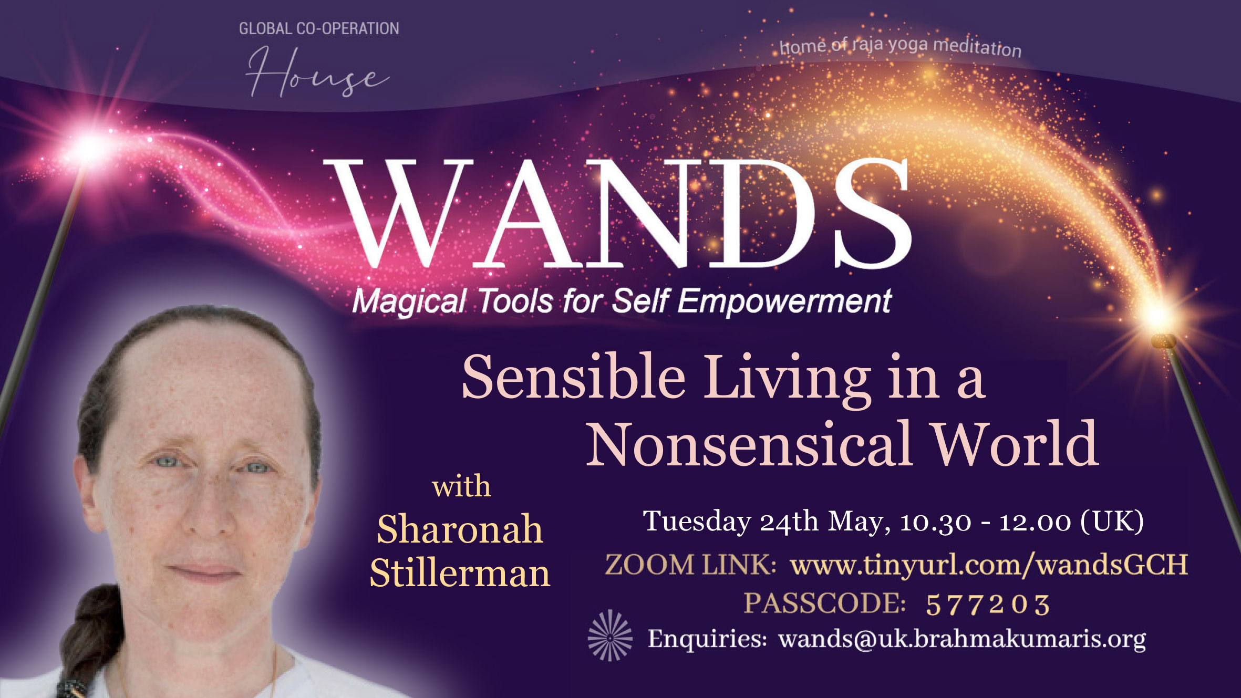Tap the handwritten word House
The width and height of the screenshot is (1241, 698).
(317, 73)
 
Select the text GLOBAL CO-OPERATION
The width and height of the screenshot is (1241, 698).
(319, 28)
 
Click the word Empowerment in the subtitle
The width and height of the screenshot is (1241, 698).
(784, 301)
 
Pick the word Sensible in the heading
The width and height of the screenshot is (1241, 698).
(573, 377)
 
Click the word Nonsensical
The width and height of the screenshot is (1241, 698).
(749, 444)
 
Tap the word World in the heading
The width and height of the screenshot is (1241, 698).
(1015, 444)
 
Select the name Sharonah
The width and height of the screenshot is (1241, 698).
(460, 529)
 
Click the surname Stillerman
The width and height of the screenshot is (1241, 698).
(460, 572)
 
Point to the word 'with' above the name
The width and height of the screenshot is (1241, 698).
(461, 486)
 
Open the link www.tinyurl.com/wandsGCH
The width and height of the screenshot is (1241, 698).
(989, 565)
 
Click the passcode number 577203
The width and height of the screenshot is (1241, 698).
(988, 604)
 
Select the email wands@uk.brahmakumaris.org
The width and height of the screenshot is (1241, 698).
(962, 639)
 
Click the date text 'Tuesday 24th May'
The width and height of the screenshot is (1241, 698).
(767, 522)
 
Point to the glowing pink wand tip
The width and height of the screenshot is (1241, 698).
(88, 149)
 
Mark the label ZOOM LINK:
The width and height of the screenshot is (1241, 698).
(691, 565)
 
